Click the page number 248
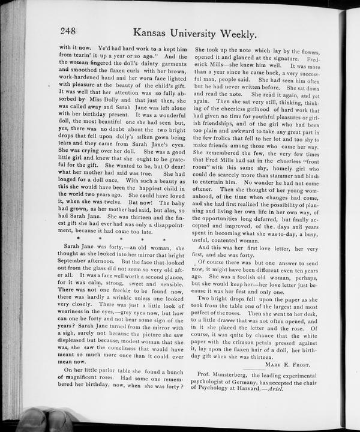pos(70,32)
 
